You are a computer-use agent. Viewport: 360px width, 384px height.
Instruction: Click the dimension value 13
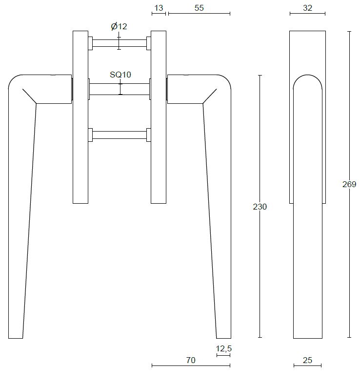(158, 7)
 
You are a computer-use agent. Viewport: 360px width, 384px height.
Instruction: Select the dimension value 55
(199, 7)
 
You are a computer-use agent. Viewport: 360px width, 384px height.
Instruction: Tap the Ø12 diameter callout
(119, 26)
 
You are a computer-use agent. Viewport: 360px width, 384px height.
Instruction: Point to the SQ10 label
(120, 75)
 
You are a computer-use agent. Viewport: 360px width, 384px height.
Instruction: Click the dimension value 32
(307, 7)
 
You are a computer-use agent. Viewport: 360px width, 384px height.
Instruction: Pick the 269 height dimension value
(349, 184)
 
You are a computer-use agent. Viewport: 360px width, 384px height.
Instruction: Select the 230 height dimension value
(260, 207)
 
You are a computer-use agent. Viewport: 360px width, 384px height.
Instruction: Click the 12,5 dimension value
(223, 348)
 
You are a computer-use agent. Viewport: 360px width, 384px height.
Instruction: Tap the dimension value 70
(191, 360)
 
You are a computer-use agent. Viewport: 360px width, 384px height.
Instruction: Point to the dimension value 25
(307, 360)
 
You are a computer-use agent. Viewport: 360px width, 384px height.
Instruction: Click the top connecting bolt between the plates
(120, 43)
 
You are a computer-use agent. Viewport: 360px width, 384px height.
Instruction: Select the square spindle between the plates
(120, 89)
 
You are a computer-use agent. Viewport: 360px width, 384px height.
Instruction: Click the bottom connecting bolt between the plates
(120, 135)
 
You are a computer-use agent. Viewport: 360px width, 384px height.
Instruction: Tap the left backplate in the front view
(80, 117)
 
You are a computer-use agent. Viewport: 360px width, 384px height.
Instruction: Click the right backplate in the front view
(159, 117)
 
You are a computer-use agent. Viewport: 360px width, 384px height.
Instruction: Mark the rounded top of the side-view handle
(307, 78)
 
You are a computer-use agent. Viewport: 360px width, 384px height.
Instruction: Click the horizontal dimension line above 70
(191, 365)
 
